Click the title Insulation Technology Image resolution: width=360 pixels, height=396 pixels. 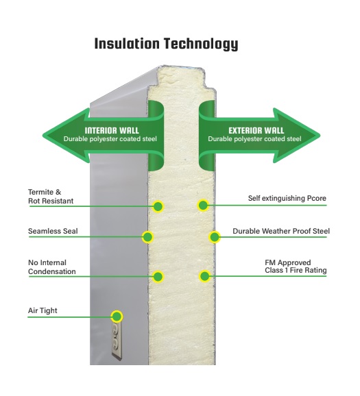pos(166,45)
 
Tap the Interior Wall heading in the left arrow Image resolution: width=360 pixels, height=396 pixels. pos(112,131)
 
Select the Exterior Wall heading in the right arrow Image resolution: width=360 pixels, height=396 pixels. pos(256,131)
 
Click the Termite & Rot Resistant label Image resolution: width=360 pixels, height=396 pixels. pos(51,197)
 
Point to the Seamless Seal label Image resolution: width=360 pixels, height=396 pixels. pos(53,231)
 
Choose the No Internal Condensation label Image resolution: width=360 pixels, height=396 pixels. pos(52,267)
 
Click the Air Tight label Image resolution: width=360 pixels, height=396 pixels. pos(43,310)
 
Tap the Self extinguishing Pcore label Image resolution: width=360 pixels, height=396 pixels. pos(287,198)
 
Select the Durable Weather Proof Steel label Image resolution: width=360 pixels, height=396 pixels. pos(281,231)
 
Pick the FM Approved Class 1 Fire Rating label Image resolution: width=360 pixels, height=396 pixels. pos(296,267)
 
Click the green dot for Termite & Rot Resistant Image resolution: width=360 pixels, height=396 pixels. pos(158,207)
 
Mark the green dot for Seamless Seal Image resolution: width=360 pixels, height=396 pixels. pos(147,237)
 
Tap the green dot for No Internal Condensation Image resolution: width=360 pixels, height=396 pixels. pos(158,277)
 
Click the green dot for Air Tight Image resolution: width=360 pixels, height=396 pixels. pos(117,317)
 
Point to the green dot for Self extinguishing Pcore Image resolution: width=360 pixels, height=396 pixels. pos(203,206)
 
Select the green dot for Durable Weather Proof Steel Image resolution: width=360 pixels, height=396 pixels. pos(215,237)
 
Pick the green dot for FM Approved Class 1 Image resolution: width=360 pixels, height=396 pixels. pos(205,276)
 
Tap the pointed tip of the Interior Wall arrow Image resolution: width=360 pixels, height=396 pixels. pos(43,136)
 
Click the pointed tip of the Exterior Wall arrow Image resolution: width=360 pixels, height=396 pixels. pos(320,136)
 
